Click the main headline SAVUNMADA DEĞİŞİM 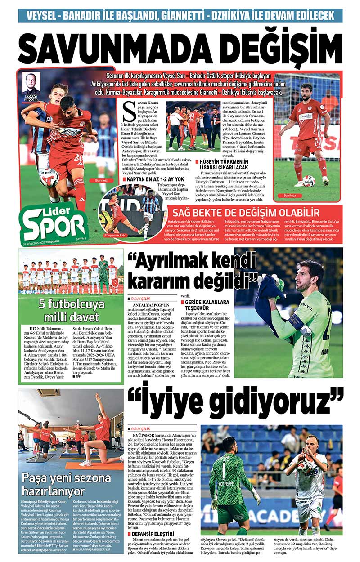tap(180, 46)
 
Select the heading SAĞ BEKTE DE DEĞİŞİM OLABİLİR tap(250, 213)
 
